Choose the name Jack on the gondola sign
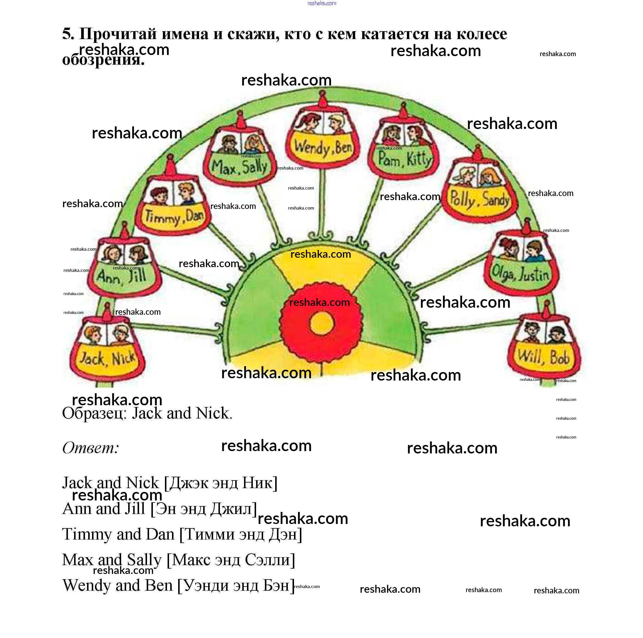pos(91,358)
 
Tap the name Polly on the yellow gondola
pos(462,199)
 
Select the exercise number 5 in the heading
pos(68,34)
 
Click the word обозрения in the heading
pos(103,60)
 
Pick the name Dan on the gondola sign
pos(195,215)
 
